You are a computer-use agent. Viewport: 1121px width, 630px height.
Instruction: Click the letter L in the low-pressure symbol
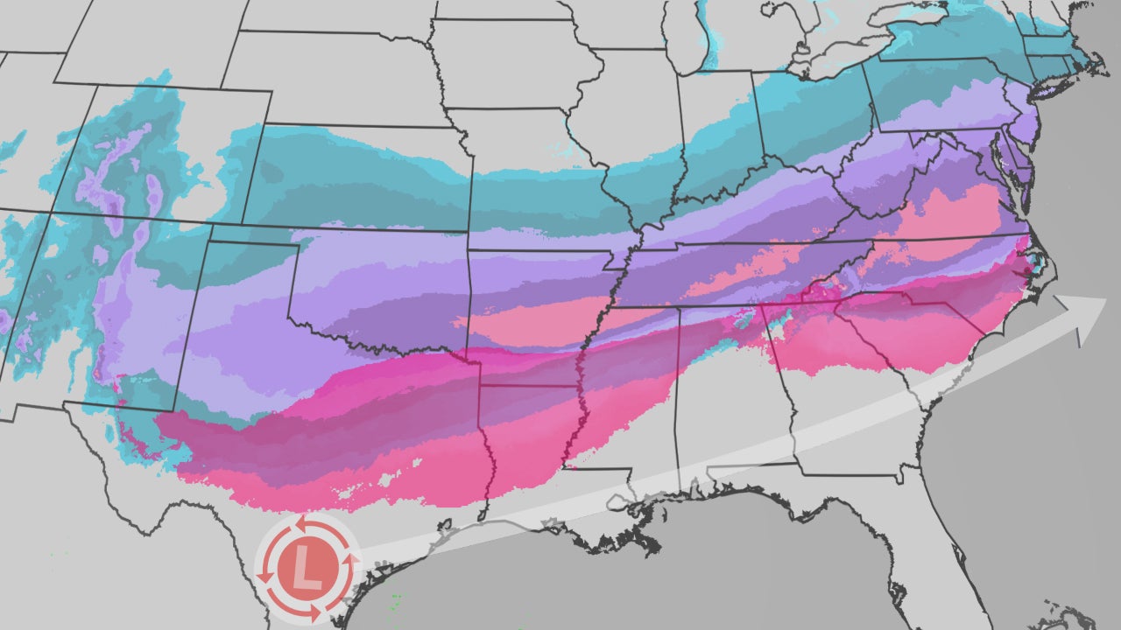306,567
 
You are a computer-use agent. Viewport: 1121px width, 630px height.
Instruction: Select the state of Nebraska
350,96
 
